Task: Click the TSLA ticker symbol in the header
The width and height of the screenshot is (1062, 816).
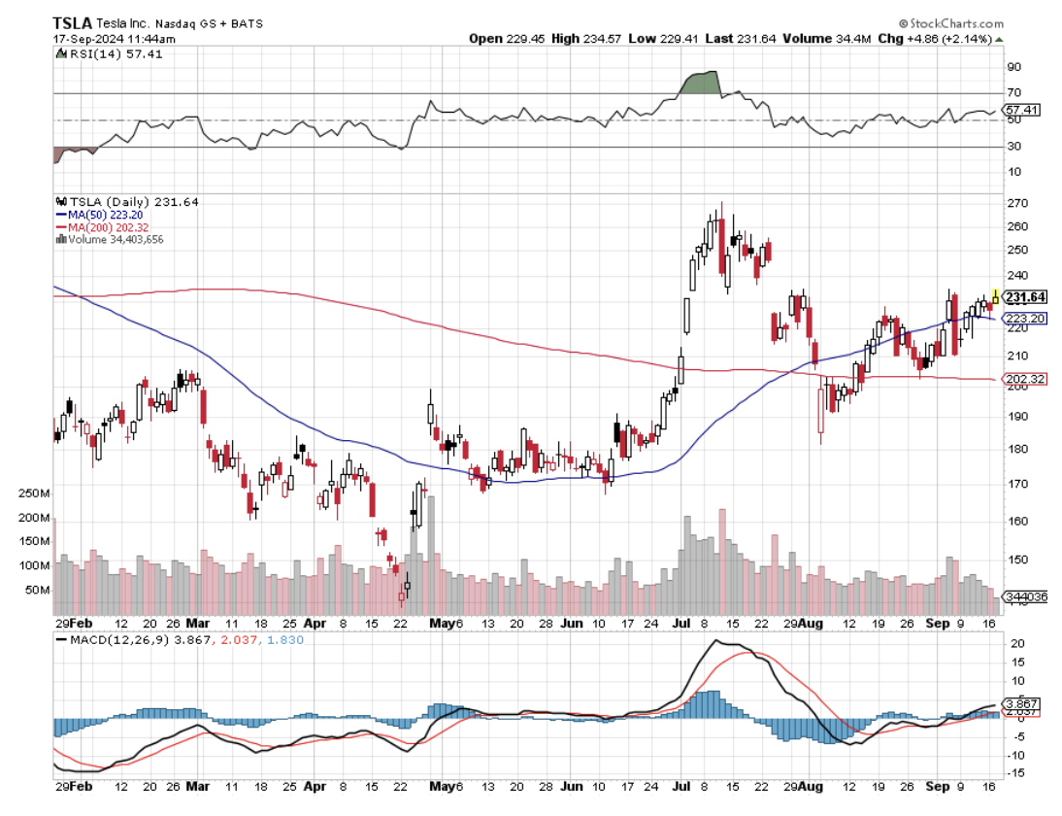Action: pos(73,21)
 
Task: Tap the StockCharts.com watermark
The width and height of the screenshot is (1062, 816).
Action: pos(955,21)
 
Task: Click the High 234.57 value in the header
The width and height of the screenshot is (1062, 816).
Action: pos(580,39)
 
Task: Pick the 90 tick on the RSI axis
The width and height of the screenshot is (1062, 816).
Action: pos(1012,67)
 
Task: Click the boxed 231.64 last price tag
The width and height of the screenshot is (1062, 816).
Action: pos(1025,297)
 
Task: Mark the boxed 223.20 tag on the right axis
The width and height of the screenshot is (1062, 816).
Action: pos(1025,318)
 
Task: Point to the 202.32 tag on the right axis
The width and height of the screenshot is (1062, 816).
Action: pos(1025,379)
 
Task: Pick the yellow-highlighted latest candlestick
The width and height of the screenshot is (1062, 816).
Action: pos(994,297)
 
